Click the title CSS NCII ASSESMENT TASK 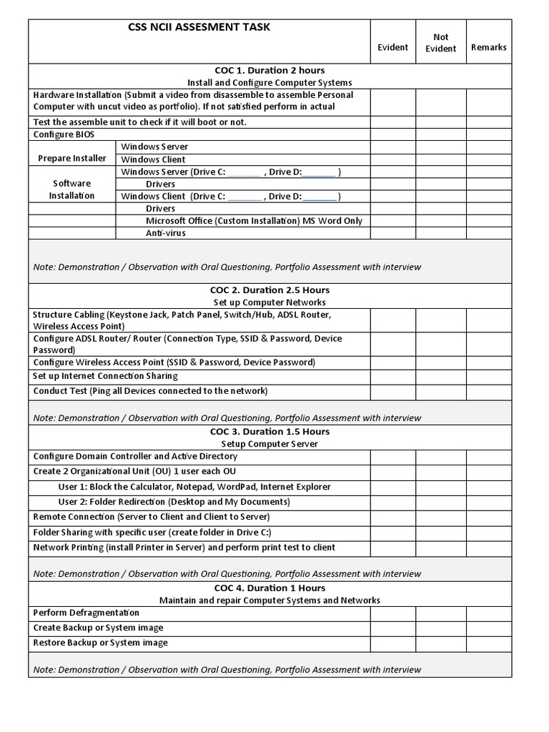click(x=199, y=28)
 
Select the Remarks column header click(x=489, y=47)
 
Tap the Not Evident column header click(x=441, y=42)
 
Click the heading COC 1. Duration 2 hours click(x=269, y=70)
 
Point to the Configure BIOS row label click(x=64, y=134)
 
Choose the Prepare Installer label click(x=72, y=159)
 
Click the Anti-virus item click(x=160, y=233)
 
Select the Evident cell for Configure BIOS click(x=392, y=134)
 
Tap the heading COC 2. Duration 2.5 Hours click(x=269, y=290)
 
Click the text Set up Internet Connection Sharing click(x=105, y=376)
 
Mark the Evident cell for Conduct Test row click(x=392, y=392)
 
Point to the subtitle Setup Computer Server click(x=269, y=444)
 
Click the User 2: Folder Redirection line click(x=174, y=502)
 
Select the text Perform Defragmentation click(x=86, y=613)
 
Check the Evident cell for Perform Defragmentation click(x=392, y=613)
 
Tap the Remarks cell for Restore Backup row click(x=489, y=643)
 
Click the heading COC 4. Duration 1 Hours click(x=269, y=588)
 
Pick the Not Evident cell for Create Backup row click(x=441, y=628)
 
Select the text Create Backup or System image click(x=98, y=628)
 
